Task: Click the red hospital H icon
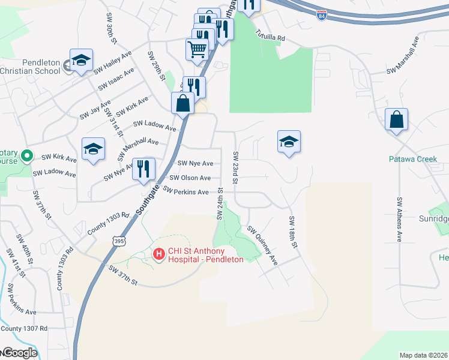159,255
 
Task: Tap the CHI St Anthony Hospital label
205,255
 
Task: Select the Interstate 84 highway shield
322,14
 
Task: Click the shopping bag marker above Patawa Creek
397,120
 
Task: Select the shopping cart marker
197,50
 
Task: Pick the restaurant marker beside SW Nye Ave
144,169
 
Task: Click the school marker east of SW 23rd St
289,142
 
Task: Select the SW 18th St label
293,232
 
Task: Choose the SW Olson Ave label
190,178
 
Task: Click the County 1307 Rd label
24,329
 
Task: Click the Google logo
19,353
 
